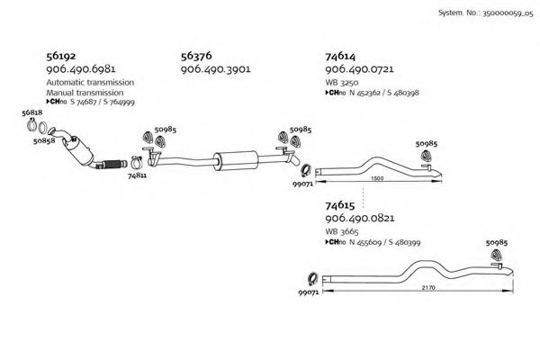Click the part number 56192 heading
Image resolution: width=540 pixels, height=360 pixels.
pos(64,56)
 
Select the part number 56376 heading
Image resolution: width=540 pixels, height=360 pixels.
pos(199,56)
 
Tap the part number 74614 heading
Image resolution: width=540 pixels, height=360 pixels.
pos(342,56)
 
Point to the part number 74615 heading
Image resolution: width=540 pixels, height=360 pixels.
pos(342,207)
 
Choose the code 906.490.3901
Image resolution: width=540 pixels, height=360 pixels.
pos(216,68)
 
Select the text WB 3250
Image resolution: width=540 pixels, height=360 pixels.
pos(342,82)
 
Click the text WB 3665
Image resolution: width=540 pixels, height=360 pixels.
pos(342,233)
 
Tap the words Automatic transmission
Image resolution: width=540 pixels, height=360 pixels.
pos(90,82)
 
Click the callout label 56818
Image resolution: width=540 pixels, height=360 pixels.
pos(31,112)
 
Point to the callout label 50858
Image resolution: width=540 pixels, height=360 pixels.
pos(44,141)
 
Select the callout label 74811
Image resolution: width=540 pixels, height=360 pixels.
pos(138,175)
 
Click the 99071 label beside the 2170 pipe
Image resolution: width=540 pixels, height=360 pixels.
pos(308,292)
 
